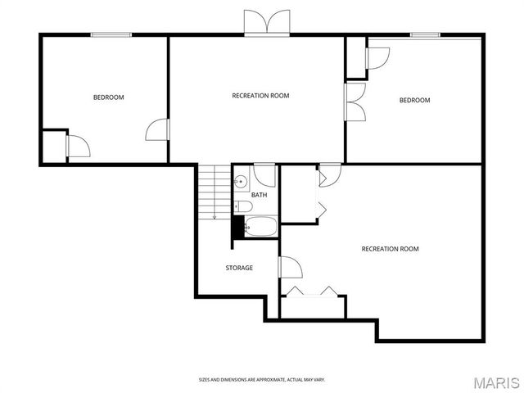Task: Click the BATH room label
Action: [259, 195]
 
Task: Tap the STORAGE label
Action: [239, 268]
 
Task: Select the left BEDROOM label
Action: [108, 97]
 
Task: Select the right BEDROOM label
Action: [414, 101]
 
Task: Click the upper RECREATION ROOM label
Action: [260, 96]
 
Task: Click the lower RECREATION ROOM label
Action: [390, 249]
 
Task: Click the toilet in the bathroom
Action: [242, 206]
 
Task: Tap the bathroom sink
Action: [241, 183]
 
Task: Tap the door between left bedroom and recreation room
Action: [158, 131]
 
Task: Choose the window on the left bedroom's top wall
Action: [111, 34]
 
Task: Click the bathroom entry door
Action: [264, 174]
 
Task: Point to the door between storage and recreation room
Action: [289, 267]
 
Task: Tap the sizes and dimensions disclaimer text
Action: [262, 379]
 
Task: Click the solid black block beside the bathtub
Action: [238, 226]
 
